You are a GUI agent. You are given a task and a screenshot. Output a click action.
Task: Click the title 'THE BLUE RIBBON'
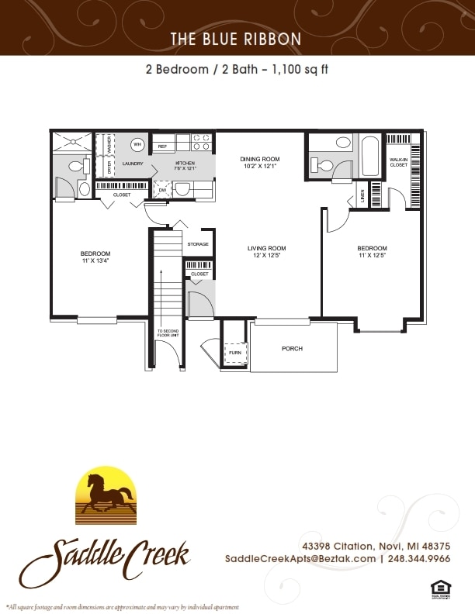[x=237, y=38]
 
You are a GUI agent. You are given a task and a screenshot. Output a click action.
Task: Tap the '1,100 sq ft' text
[x=296, y=69]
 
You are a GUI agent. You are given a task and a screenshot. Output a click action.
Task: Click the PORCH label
[x=292, y=349]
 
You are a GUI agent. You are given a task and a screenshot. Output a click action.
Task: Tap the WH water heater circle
[x=137, y=144]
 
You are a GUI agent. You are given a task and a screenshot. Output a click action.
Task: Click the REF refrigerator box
[x=162, y=146]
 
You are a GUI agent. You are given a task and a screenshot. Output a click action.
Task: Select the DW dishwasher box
[x=163, y=189]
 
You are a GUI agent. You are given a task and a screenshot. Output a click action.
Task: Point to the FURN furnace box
[x=234, y=354]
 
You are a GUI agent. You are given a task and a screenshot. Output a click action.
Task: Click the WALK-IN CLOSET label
[x=398, y=161]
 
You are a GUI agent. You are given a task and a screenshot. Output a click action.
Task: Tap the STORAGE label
[x=198, y=244]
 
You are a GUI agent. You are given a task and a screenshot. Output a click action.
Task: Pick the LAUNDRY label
[x=133, y=164]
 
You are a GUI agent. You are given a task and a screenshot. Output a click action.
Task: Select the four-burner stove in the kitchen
[x=202, y=142]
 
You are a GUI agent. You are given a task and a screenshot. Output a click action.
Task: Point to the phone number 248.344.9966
[x=420, y=558]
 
